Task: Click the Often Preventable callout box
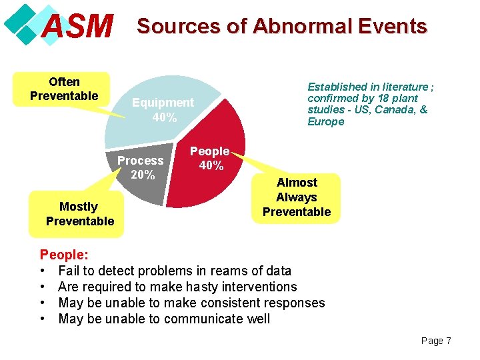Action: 64,89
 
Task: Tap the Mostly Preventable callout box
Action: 79,214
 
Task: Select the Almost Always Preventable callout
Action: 297,197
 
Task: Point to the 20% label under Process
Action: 143,175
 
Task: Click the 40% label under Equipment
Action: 164,117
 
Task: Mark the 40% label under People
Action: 211,166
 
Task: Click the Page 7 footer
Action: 436,341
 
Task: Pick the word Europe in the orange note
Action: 326,121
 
